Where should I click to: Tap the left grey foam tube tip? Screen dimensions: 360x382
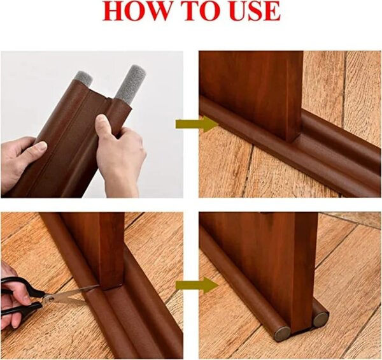tap(83, 80)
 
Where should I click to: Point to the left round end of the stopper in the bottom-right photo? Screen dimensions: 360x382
tap(281, 332)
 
